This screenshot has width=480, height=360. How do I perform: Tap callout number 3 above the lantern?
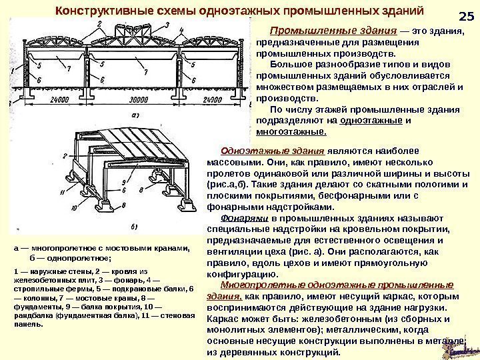pyautogui.click(x=165, y=23)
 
